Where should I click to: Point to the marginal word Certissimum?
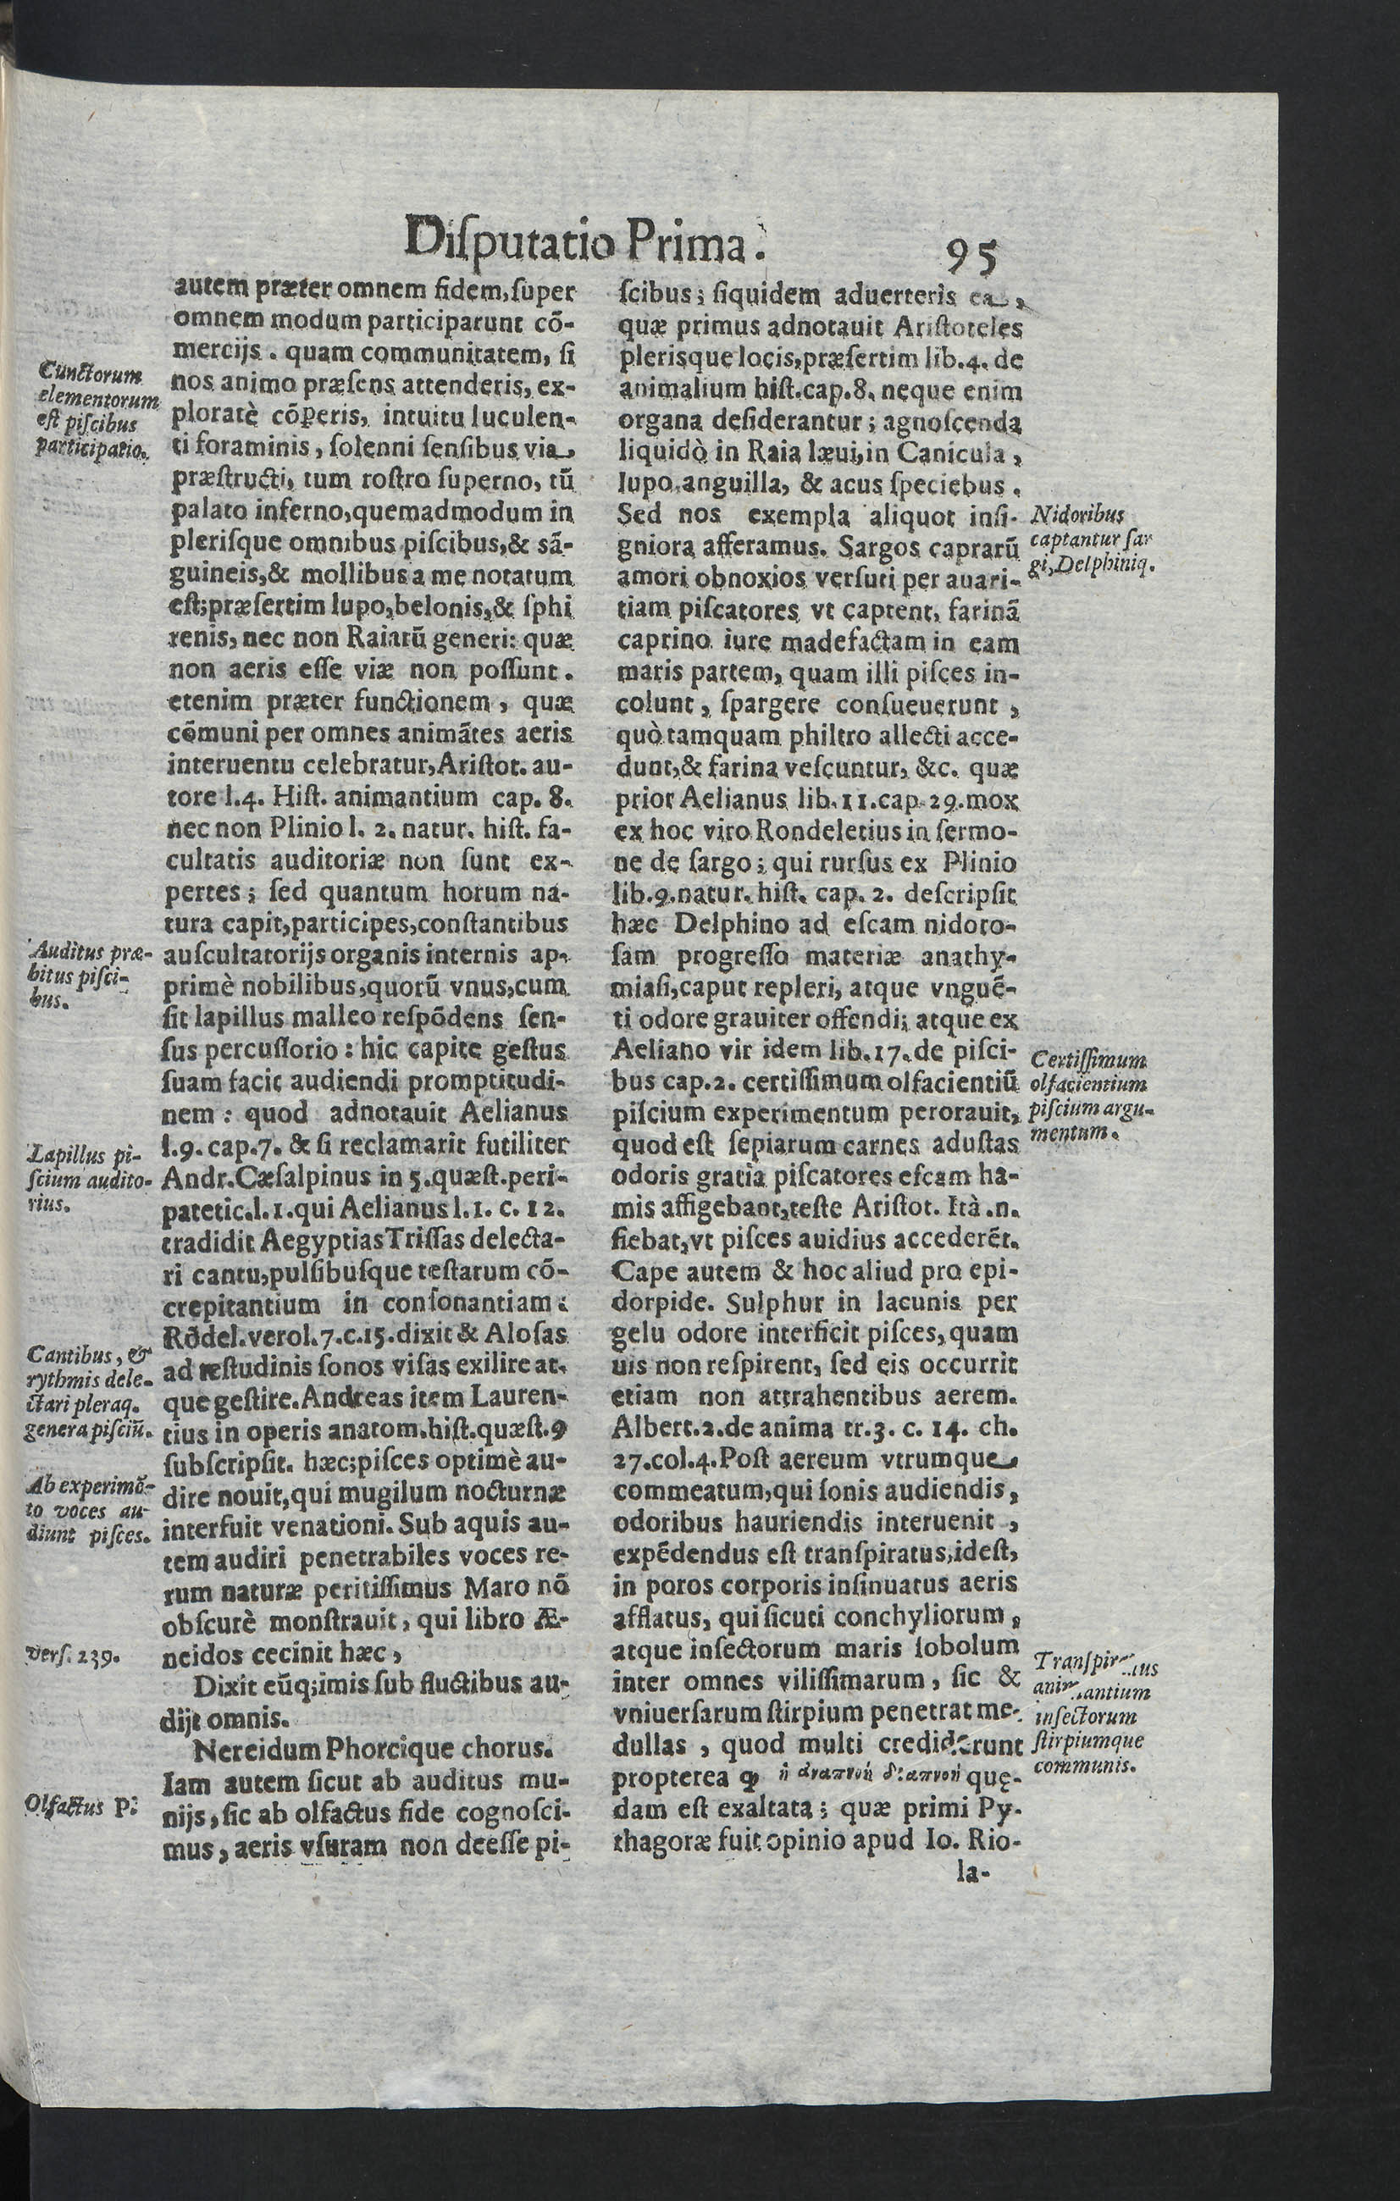click(1087, 1061)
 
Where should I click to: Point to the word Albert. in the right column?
click(653, 1426)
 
